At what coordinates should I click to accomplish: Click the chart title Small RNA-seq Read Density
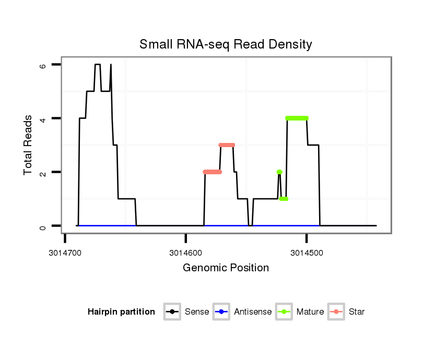(226, 44)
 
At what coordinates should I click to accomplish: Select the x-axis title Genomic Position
(226, 268)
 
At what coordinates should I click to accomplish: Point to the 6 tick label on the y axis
(43, 65)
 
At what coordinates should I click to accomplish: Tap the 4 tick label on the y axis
(43, 119)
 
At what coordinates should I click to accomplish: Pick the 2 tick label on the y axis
(43, 173)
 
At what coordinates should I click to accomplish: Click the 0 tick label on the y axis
(43, 226)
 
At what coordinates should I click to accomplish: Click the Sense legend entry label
(197, 312)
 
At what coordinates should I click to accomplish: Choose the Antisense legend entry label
(253, 312)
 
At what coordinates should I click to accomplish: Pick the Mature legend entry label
(310, 312)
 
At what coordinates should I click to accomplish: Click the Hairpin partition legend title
(121, 312)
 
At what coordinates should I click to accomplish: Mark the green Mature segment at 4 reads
(297, 118)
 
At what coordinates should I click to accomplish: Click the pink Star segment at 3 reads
(227, 145)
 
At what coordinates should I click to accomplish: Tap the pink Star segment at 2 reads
(212, 172)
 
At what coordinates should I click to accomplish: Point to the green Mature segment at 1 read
(284, 199)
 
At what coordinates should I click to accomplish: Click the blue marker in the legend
(221, 312)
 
